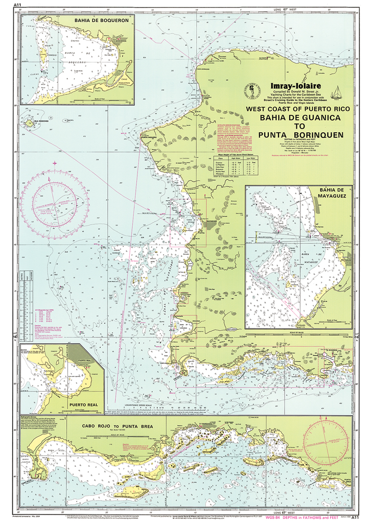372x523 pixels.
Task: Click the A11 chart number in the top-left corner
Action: click(x=18, y=5)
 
